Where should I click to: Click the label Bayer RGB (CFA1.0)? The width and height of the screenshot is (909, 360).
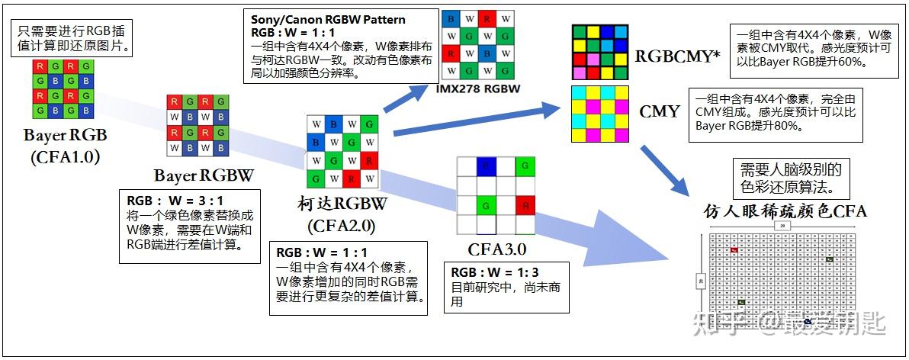coord(66,146)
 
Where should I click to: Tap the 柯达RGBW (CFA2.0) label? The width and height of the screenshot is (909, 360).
coord(342,214)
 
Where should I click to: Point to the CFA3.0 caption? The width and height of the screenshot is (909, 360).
coord(496,249)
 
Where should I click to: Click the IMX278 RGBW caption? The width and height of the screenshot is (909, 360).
coord(478,88)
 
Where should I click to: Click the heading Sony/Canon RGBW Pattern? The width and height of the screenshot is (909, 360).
coord(329,19)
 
